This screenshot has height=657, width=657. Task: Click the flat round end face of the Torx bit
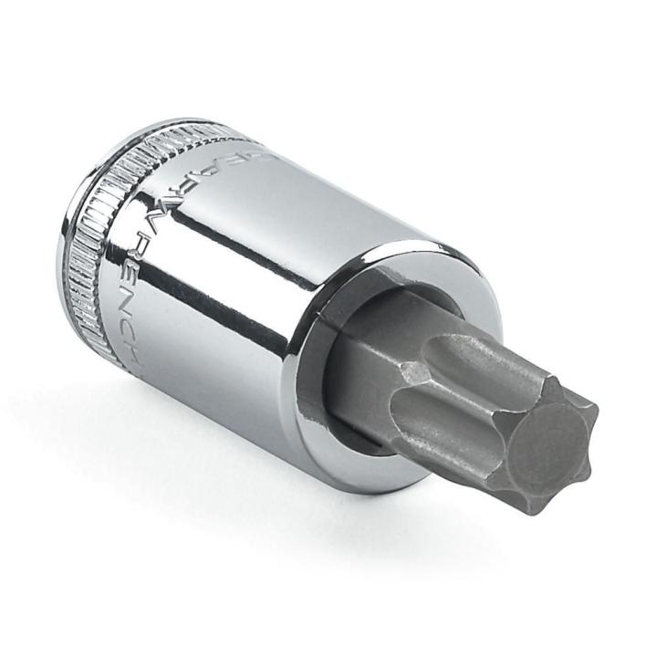pos(547,446)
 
